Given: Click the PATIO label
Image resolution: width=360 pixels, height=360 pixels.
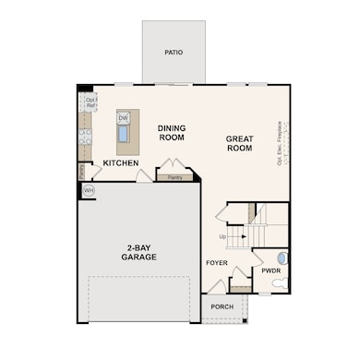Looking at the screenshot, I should click(174, 53).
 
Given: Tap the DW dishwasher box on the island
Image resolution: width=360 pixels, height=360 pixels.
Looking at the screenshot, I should click(123, 118).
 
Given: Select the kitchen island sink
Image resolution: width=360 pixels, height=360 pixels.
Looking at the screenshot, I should click(123, 137).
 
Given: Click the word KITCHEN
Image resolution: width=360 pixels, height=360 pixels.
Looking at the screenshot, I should click(121, 163).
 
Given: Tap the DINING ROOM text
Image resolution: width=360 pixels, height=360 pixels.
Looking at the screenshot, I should click(171, 133).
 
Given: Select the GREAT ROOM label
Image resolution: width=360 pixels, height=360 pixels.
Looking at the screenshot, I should click(239, 143).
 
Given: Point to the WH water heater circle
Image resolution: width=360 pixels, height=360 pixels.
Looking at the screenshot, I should click(89, 190).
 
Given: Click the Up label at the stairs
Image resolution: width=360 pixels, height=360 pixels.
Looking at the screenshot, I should click(222, 237).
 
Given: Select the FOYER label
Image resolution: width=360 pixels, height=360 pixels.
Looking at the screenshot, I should click(217, 263).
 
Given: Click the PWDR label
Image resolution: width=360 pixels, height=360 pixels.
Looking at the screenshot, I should click(270, 271).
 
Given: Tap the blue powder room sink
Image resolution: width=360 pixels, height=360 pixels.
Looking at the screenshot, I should click(282, 258).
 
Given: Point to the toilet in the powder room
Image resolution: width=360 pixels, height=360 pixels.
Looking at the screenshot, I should click(282, 283).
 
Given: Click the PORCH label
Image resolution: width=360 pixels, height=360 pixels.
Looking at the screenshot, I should click(222, 306).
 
